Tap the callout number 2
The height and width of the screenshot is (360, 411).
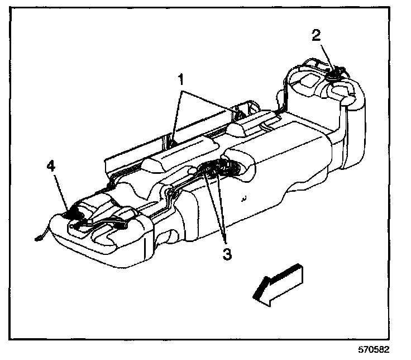coord(316,36)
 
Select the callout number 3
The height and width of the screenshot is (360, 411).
coord(227,253)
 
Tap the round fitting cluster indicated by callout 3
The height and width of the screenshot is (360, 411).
coord(218,168)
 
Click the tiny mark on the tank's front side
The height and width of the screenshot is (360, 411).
coord(245,198)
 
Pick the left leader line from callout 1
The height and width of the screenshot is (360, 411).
coord(176,112)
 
